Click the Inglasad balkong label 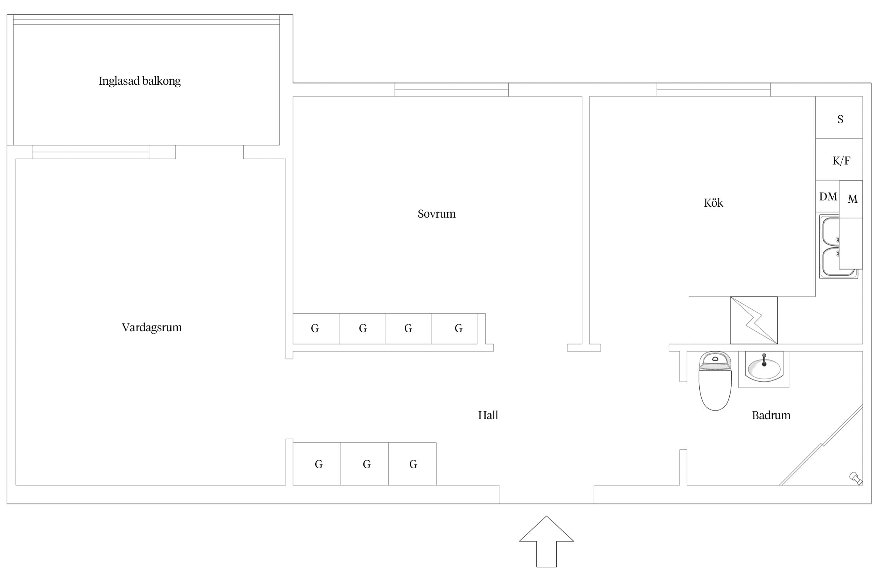point(139,81)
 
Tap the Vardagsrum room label point(152,327)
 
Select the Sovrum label point(436,214)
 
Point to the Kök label point(713,202)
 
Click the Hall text point(488,415)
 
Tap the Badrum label point(771,415)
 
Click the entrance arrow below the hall point(546,541)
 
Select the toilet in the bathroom point(715,381)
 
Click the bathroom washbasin point(764,366)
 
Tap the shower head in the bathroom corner point(856,478)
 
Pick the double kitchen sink point(838,246)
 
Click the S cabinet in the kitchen point(839,118)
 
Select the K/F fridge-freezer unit point(839,159)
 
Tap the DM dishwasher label point(828,197)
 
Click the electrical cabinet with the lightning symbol point(754,320)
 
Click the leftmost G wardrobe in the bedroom point(316,329)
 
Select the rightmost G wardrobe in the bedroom point(454,329)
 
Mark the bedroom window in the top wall point(451,89)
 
